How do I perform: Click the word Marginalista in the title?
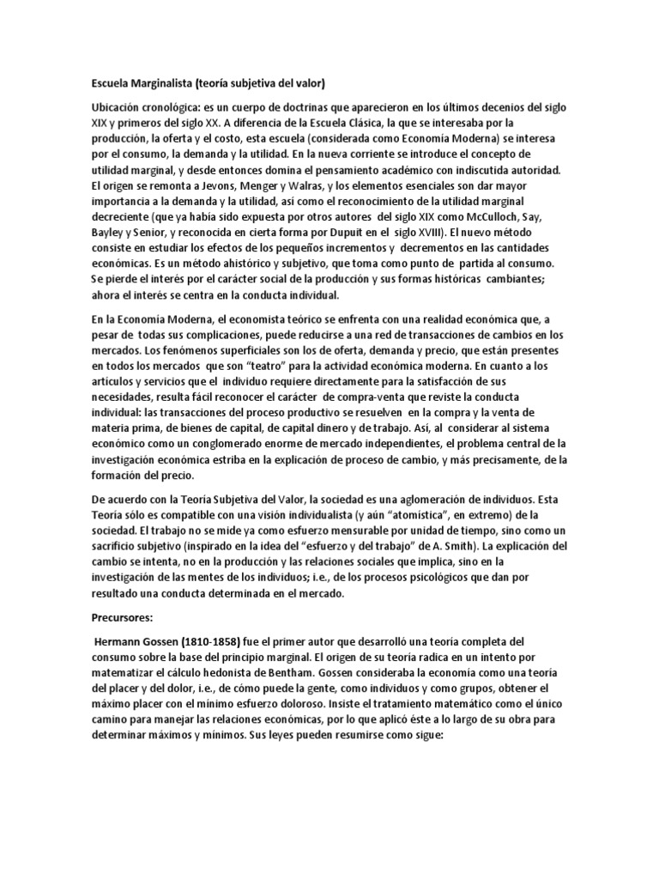click(x=159, y=83)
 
